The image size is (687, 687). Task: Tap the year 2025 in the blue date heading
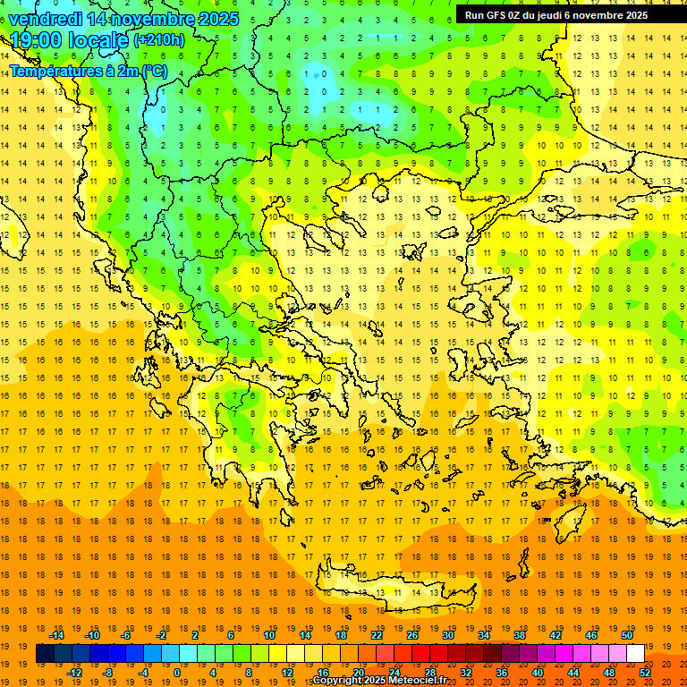pyautogui.click(x=216, y=19)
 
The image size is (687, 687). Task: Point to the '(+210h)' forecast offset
pyautogui.click(x=159, y=40)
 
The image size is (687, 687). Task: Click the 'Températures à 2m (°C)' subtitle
pyautogui.click(x=88, y=71)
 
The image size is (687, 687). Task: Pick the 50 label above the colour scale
pyautogui.click(x=627, y=635)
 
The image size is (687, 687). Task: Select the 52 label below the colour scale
pyautogui.click(x=645, y=673)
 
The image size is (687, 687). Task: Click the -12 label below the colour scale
pyautogui.click(x=74, y=673)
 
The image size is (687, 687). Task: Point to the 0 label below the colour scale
pyautogui.click(x=176, y=673)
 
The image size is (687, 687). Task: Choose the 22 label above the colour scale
pyautogui.click(x=377, y=635)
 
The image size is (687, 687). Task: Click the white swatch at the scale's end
pyautogui.click(x=635, y=654)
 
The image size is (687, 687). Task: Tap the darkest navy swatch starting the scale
pyautogui.click(x=45, y=654)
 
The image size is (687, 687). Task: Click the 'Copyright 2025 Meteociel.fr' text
pyautogui.click(x=379, y=681)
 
